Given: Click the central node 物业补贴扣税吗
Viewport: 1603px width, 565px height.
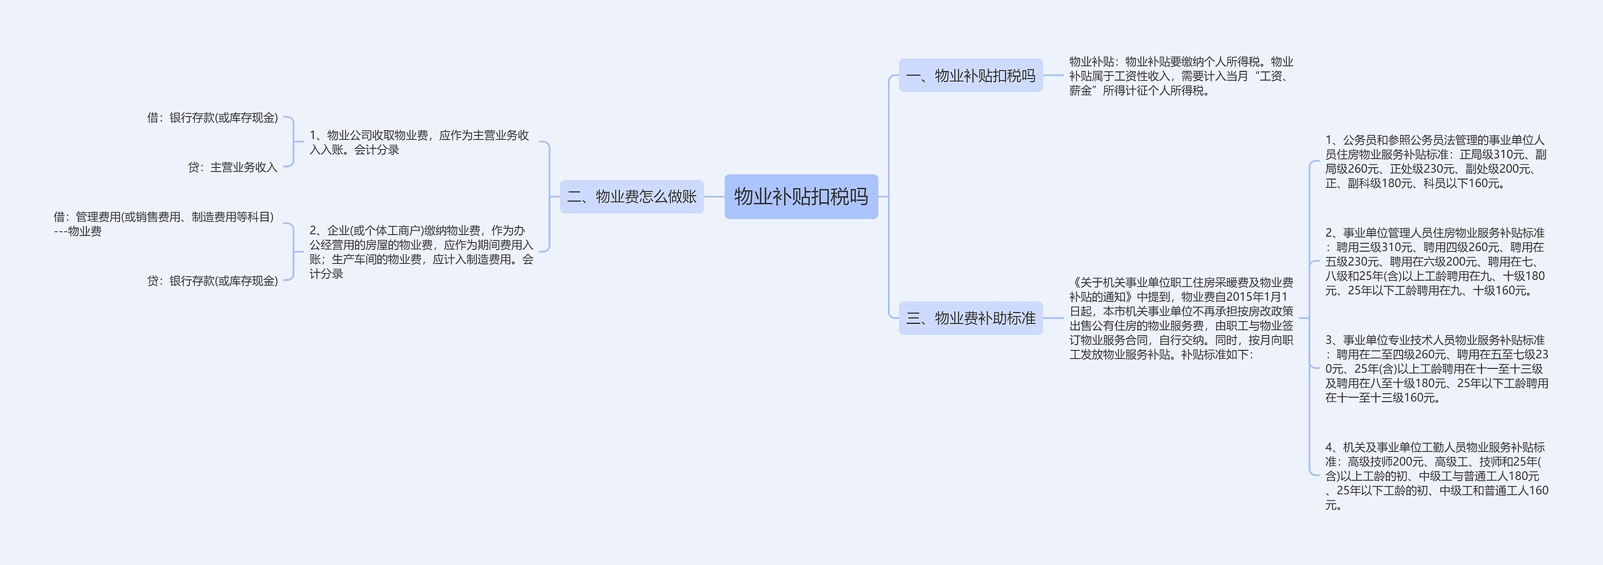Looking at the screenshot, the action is [x=801, y=197].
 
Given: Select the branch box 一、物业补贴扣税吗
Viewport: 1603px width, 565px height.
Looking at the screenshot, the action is [x=971, y=76].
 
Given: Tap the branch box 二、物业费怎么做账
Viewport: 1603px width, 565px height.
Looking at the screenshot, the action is [x=631, y=197].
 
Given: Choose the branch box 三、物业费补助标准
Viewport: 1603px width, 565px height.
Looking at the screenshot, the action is [x=971, y=318].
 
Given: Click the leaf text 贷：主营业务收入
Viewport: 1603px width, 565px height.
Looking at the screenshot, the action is [x=232, y=167].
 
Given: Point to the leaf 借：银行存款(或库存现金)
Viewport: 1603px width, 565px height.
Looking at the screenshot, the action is [x=212, y=118].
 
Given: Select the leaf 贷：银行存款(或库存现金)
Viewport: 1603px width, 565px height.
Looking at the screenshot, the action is [x=212, y=281].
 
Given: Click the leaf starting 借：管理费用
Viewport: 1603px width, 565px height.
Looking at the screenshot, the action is [x=163, y=224].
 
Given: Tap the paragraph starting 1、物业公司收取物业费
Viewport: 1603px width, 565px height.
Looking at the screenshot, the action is [x=419, y=142].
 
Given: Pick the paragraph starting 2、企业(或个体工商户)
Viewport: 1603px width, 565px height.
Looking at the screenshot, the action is [x=421, y=252].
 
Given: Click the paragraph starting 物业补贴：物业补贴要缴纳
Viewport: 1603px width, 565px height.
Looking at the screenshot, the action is [x=1181, y=76].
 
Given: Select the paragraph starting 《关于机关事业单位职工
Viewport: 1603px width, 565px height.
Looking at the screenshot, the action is [x=1181, y=318].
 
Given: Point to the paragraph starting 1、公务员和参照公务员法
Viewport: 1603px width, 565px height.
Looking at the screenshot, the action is [x=1435, y=162].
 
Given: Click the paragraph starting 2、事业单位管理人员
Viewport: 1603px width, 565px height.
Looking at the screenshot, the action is [x=1435, y=261].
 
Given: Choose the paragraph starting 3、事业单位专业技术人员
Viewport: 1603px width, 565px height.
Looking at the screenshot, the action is [x=1436, y=368].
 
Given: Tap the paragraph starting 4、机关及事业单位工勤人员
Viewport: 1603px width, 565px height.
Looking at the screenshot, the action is [x=1436, y=476].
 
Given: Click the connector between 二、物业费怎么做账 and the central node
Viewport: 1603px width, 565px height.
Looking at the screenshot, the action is [x=714, y=197].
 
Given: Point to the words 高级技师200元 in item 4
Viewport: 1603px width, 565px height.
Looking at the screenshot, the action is [x=1386, y=462].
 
